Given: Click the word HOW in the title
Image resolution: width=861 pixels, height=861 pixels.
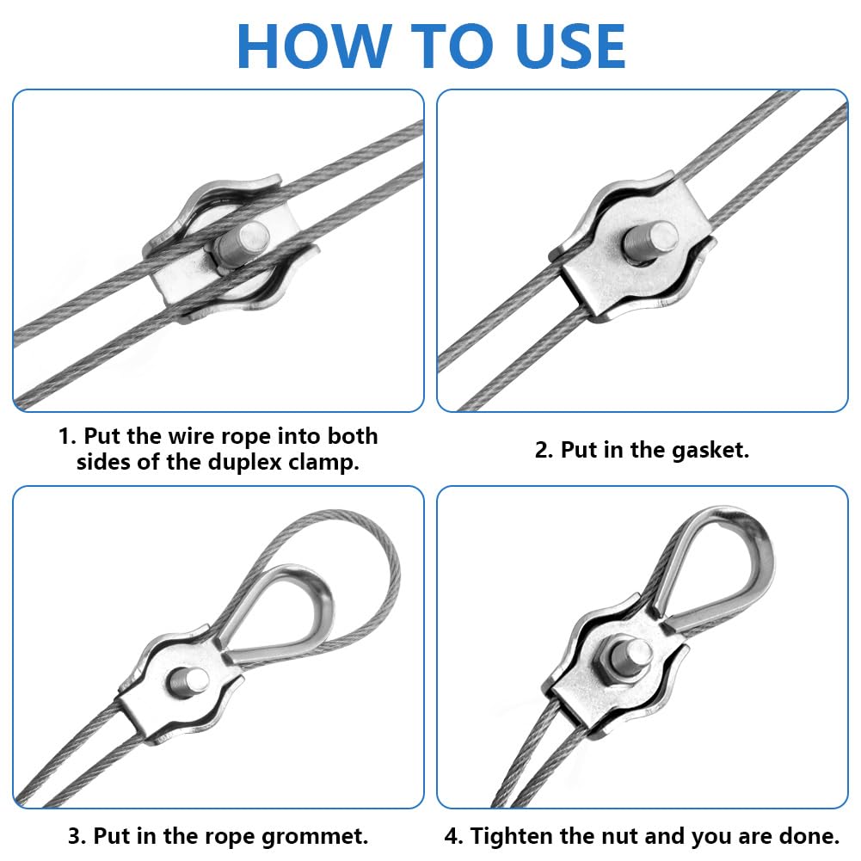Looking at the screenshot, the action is (314, 46).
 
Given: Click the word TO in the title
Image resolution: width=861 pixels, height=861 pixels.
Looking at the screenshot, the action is (451, 46).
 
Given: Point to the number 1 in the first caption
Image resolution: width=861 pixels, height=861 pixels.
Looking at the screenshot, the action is (64, 437).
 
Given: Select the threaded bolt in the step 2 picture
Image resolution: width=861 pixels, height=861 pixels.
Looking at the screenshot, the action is (649, 241).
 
